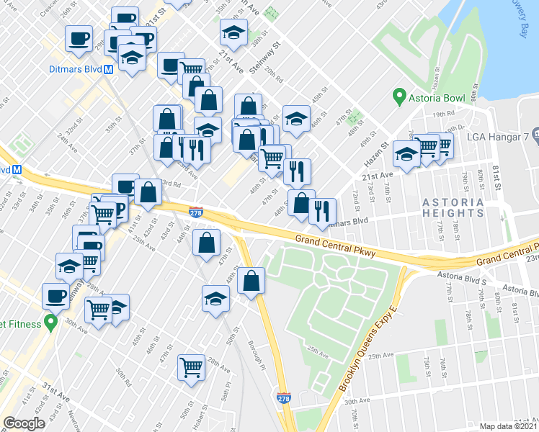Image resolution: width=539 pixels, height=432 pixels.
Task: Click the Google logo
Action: [x=24, y=423]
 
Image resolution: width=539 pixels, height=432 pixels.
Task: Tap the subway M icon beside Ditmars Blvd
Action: [x=109, y=70]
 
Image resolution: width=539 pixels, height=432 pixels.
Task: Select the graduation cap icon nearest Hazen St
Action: [x=406, y=154]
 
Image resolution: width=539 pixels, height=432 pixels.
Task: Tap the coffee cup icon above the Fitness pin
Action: [x=55, y=294]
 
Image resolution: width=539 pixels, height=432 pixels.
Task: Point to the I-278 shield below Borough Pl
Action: [x=284, y=397]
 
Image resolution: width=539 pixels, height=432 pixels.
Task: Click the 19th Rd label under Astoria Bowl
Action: [x=445, y=113]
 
